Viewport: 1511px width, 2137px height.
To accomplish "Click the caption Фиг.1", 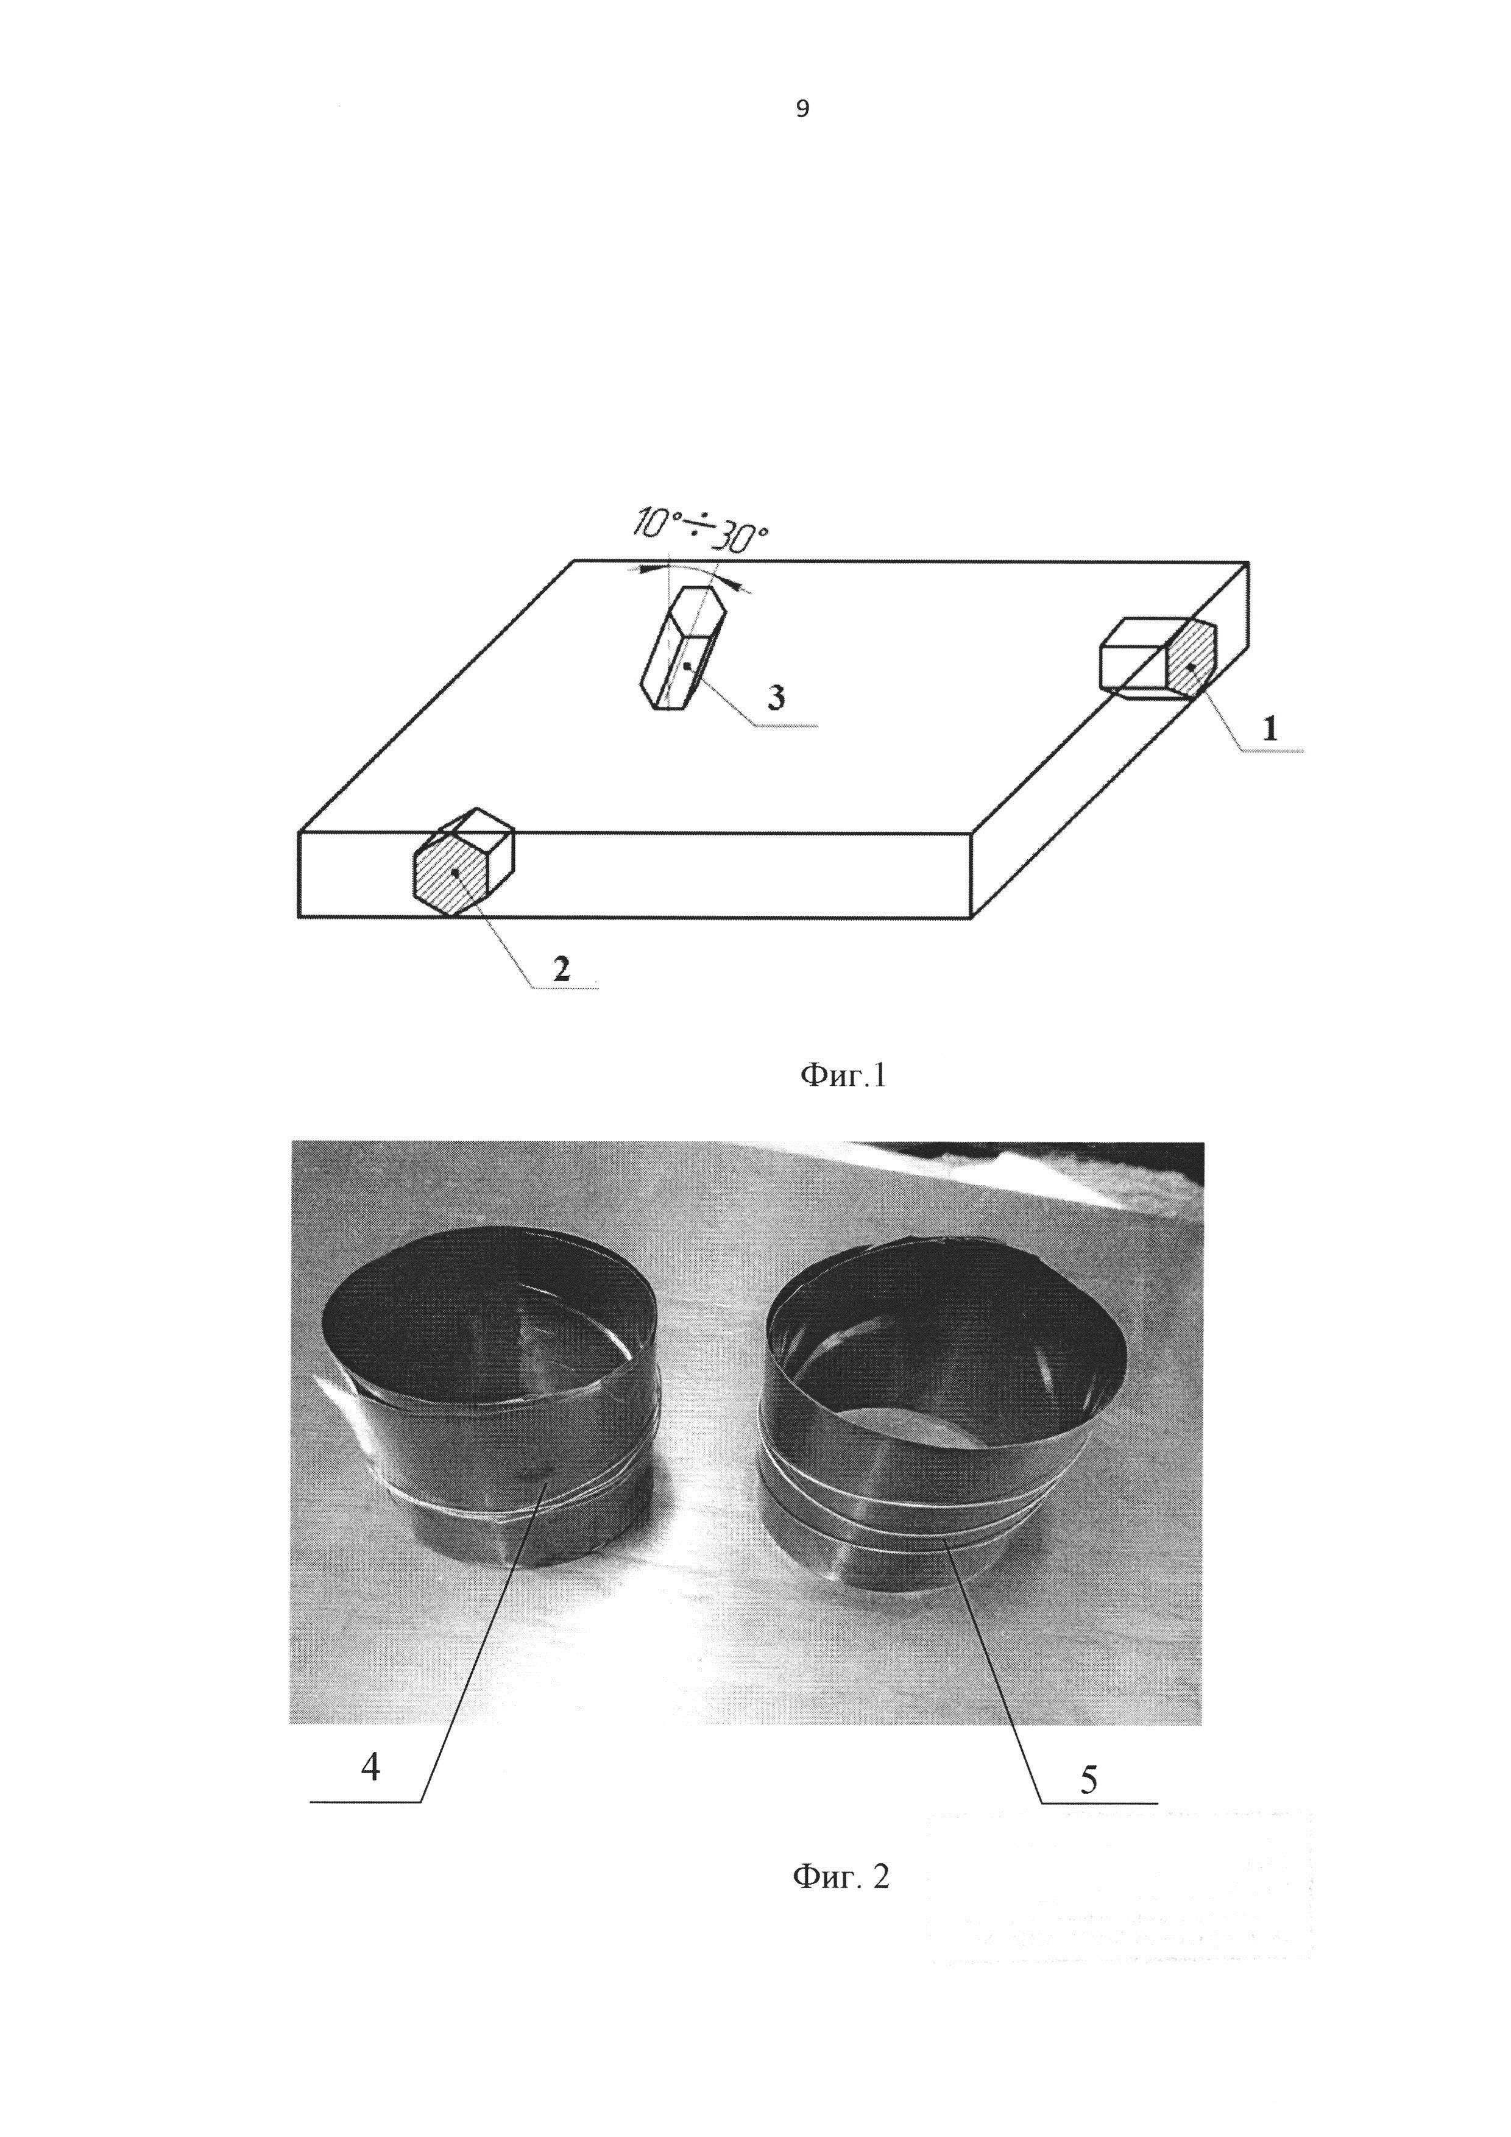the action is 843,1077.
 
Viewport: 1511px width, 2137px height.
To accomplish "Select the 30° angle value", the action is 745,539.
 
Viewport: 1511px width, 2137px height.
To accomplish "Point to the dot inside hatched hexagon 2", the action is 454,872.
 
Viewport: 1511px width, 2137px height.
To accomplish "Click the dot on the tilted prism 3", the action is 687,667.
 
